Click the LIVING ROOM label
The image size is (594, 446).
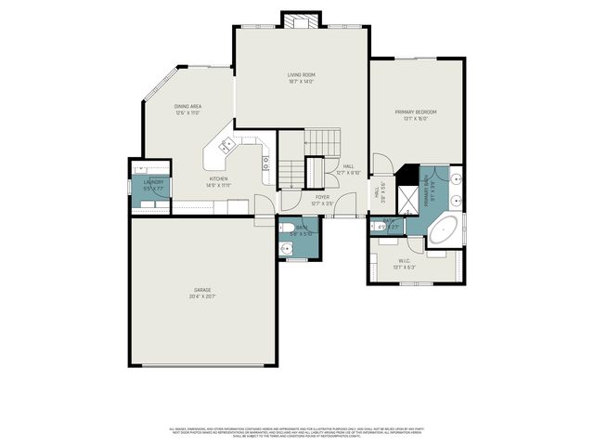tap(302, 74)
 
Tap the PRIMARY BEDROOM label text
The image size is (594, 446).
tap(416, 111)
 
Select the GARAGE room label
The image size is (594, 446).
tap(202, 290)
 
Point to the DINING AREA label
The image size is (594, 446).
tap(189, 107)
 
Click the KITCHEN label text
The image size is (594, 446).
tap(218, 178)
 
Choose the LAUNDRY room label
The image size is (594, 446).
tap(153, 182)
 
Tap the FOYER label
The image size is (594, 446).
tap(322, 197)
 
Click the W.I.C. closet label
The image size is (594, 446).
tap(405, 260)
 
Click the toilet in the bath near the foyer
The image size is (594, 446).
tap(288, 228)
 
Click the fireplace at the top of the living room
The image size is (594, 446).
tap(302, 20)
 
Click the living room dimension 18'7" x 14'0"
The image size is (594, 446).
tap(302, 82)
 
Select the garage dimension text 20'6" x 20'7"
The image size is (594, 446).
tap(202, 296)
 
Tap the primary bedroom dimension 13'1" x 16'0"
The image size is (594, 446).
tap(416, 119)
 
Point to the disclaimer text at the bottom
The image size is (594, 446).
tap(297, 432)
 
